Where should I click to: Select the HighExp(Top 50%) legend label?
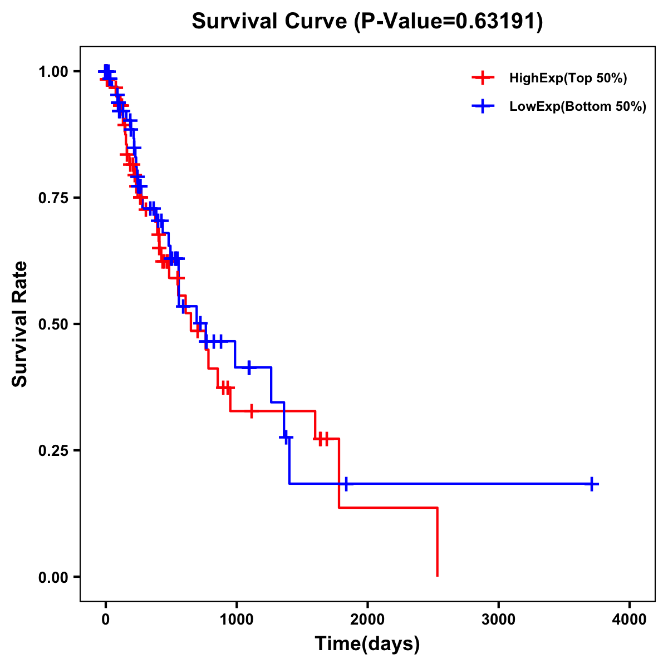click(568, 78)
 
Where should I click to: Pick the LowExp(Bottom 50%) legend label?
click(578, 107)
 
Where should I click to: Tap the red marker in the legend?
click(483, 78)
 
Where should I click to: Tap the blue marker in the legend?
click(483, 106)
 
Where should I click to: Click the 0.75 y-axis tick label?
click(53, 198)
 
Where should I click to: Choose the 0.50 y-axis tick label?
click(53, 324)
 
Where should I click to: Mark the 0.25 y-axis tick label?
click(53, 450)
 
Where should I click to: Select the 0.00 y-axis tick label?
click(53, 577)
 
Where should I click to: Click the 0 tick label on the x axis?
click(105, 620)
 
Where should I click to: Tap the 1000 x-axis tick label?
click(236, 620)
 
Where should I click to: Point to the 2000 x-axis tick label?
click(367, 620)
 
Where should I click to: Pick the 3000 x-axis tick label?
click(498, 620)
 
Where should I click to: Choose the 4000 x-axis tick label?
click(630, 620)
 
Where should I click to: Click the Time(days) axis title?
click(367, 644)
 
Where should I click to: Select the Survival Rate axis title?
click(20, 324)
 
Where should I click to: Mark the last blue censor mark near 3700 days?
click(592, 484)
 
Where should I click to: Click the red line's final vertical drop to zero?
click(437, 543)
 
